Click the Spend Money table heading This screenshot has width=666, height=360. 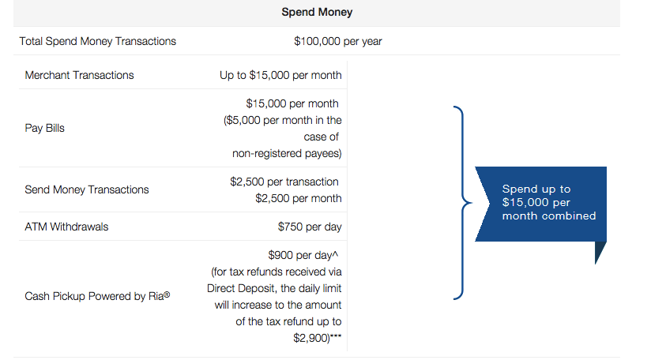(x=317, y=12)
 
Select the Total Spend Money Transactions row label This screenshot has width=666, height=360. (x=98, y=41)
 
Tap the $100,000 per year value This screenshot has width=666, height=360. (x=338, y=41)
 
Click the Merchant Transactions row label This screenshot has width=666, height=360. (x=80, y=75)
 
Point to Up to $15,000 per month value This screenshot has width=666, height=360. (x=280, y=75)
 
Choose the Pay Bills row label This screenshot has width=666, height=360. (x=44, y=128)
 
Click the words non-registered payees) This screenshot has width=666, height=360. (x=287, y=153)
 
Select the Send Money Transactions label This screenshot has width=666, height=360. (x=87, y=189)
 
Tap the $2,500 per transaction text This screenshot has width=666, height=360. (x=284, y=182)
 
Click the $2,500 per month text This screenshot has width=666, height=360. (x=299, y=198)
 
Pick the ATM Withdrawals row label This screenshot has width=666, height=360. (x=66, y=227)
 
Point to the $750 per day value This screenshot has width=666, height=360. (x=310, y=227)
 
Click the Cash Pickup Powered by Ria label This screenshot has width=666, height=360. (x=97, y=296)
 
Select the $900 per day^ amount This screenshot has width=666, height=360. (x=303, y=255)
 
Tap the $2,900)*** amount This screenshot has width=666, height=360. (x=318, y=338)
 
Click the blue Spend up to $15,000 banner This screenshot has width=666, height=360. (x=540, y=204)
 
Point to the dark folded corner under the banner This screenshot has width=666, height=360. (x=600, y=250)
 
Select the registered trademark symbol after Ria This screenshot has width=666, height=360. (x=167, y=294)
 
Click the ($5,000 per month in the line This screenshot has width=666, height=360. (x=283, y=120)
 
